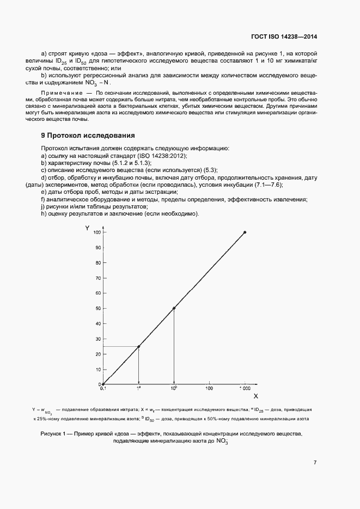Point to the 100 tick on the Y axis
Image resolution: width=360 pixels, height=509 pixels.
point(97,232)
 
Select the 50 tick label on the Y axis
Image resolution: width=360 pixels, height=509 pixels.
point(97,309)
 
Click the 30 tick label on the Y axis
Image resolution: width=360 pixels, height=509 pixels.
point(97,339)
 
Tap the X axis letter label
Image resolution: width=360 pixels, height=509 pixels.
point(255,397)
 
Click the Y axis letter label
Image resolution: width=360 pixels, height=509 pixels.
point(87,228)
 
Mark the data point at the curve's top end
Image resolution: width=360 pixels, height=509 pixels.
point(245,232)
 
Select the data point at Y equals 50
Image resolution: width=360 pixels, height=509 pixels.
point(174,308)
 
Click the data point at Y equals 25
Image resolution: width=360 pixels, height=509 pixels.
point(138,346)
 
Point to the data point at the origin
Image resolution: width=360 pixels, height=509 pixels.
point(103,384)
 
